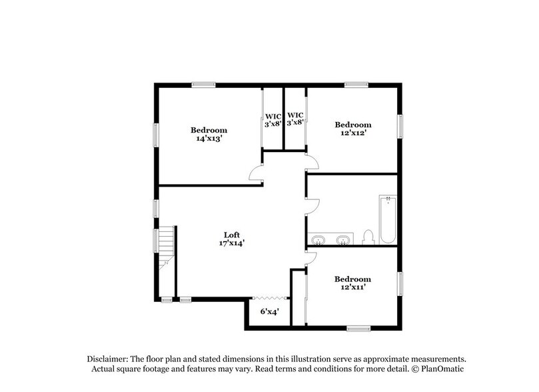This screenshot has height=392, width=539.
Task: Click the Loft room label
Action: pyautogui.click(x=231, y=235)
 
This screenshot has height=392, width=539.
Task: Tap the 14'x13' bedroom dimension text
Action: pyautogui.click(x=209, y=139)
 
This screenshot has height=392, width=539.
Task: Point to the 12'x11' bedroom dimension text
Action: pyautogui.click(x=352, y=288)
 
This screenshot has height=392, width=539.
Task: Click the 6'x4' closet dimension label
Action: pyautogui.click(x=270, y=311)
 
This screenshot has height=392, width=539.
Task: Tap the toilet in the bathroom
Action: pyautogui.click(x=367, y=237)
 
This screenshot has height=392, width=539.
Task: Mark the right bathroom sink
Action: pyautogui.click(x=343, y=239)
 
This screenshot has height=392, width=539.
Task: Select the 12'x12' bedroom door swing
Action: pyautogui.click(x=312, y=162)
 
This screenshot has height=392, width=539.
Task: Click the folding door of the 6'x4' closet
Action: pyautogui.click(x=270, y=298)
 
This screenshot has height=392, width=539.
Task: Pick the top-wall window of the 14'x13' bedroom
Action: pyautogui.click(x=203, y=84)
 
